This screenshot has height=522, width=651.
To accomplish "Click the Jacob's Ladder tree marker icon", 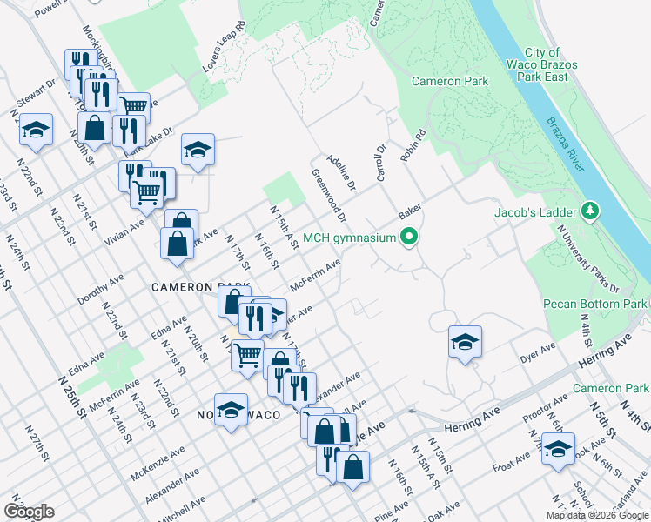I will click(591, 211).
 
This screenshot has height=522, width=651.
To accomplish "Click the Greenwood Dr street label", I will click(329, 195).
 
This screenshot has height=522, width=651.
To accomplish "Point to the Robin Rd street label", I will click(412, 145).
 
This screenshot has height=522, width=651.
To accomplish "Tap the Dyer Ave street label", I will click(537, 352).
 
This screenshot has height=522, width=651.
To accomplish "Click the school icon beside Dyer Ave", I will click(465, 342).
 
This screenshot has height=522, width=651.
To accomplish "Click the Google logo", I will click(29, 512).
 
